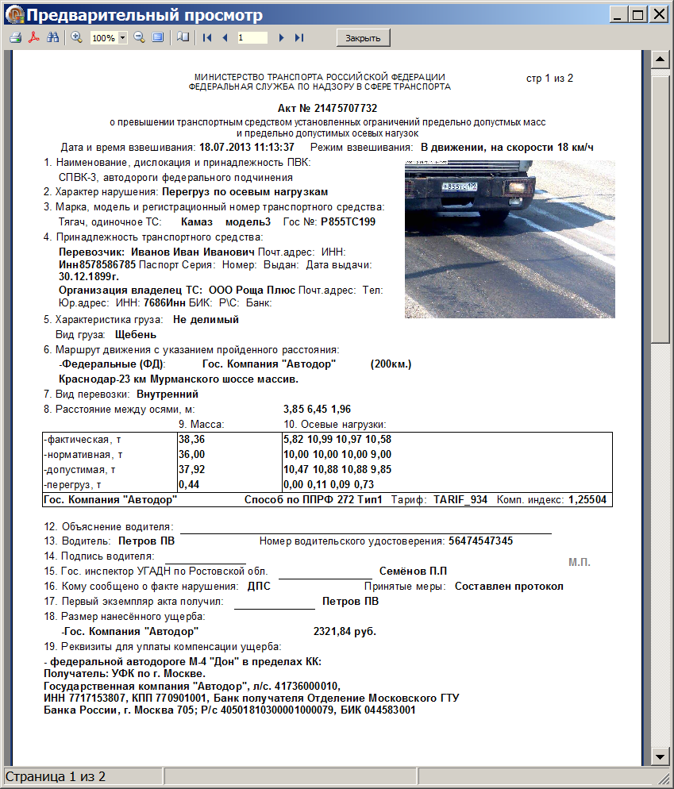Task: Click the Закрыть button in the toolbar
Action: (x=364, y=38)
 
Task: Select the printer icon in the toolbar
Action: (x=15, y=38)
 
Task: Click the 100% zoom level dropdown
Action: (x=109, y=38)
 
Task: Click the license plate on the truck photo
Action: (x=460, y=187)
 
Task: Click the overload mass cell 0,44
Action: (x=187, y=484)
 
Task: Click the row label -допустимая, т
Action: (x=81, y=469)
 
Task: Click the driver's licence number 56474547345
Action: (x=480, y=541)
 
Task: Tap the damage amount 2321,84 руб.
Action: (x=345, y=632)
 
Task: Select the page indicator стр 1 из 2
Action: (x=549, y=78)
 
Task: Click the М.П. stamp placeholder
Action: (x=580, y=563)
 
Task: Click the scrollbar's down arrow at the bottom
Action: (x=658, y=755)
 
